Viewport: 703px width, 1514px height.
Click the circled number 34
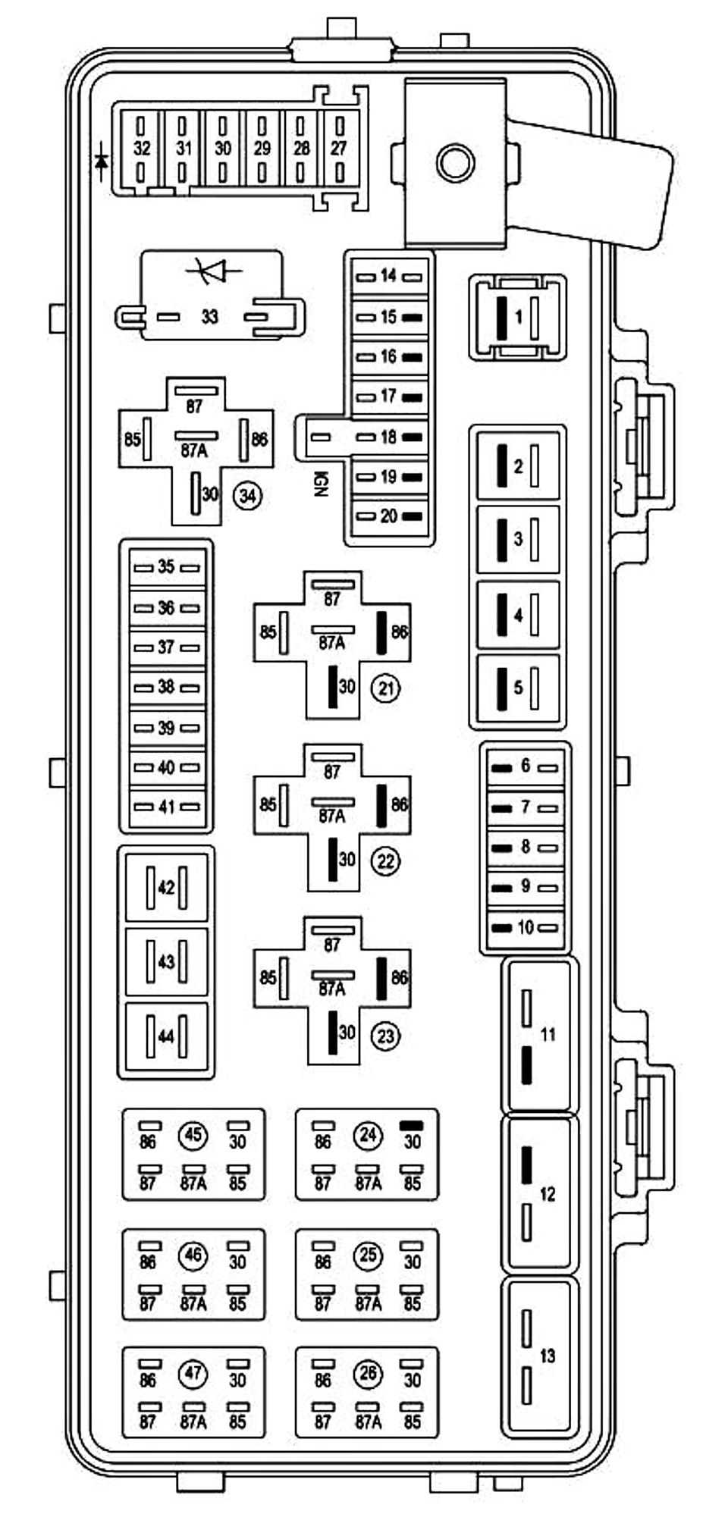(247, 496)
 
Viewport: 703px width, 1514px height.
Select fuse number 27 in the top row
(338, 149)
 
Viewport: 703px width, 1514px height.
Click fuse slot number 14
(389, 276)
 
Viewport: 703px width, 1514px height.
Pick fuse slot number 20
(389, 516)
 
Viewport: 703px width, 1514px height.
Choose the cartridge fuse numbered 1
(518, 317)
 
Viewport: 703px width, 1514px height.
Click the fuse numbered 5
(518, 688)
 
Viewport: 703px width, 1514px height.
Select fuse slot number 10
(525, 927)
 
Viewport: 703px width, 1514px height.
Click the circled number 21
(385, 688)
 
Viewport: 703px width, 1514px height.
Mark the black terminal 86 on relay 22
(382, 805)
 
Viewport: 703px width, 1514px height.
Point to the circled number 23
(385, 1035)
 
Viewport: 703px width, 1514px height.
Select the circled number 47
(193, 1373)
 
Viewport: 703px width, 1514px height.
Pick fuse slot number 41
(166, 807)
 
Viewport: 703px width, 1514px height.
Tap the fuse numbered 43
(166, 961)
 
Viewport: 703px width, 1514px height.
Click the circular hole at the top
(456, 162)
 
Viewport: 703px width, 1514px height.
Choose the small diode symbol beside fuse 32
(101, 160)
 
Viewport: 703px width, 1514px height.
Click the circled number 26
(368, 1373)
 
